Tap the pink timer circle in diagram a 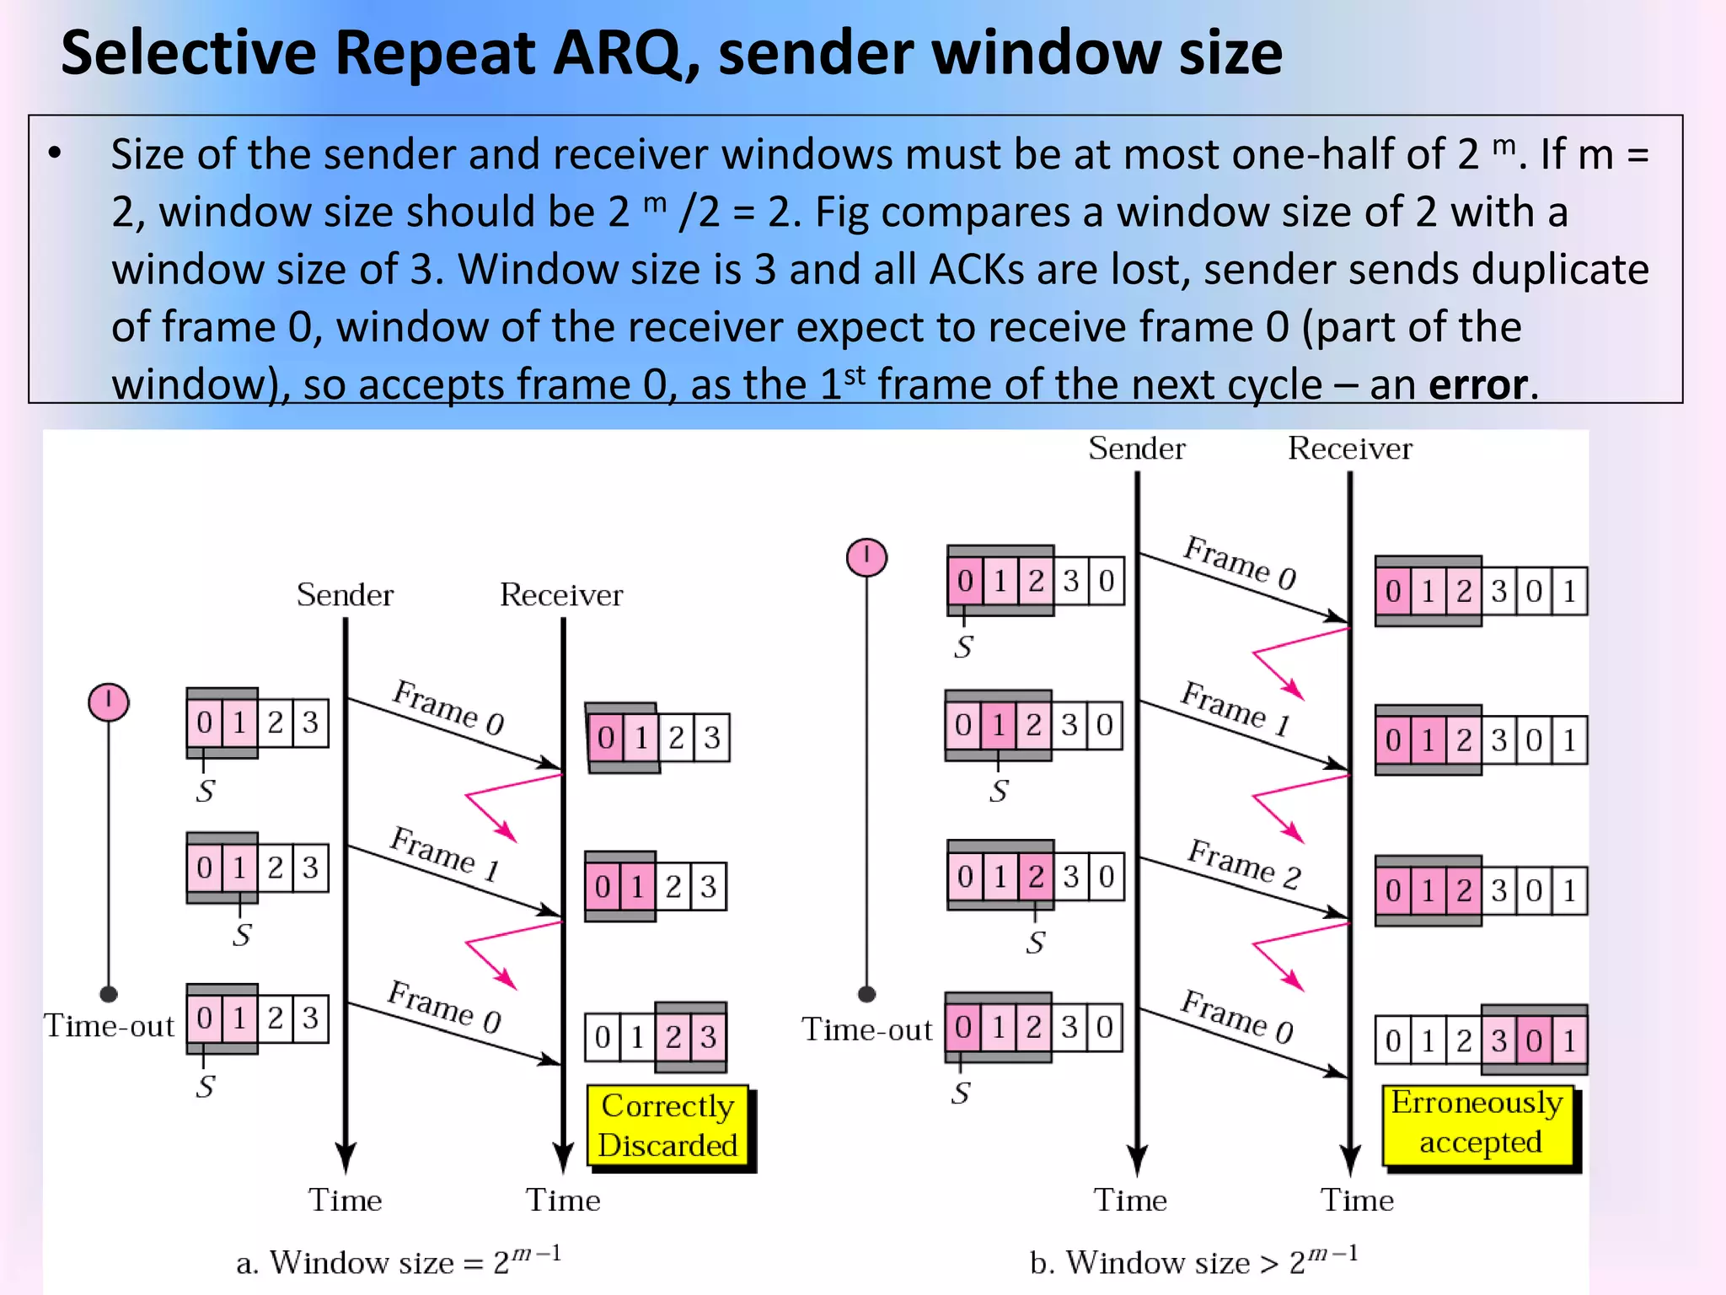click(x=109, y=701)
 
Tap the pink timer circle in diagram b click(x=866, y=557)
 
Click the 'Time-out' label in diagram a click(x=109, y=1026)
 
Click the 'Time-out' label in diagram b click(x=866, y=1029)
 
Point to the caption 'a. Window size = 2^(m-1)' click(x=398, y=1261)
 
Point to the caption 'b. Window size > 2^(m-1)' click(x=1193, y=1261)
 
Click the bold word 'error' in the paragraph click(x=1478, y=384)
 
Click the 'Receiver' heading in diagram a click(x=561, y=595)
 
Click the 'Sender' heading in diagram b click(x=1136, y=449)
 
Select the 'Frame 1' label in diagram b click(x=1235, y=708)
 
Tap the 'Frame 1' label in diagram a click(x=445, y=853)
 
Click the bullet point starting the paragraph click(x=56, y=153)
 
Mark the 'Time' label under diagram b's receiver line click(x=1357, y=1200)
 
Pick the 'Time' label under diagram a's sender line click(x=345, y=1200)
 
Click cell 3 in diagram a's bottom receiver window click(x=708, y=1037)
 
